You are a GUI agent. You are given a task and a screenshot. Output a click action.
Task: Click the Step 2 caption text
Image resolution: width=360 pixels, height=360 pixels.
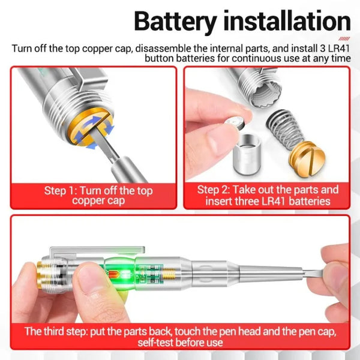[x=268, y=196]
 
